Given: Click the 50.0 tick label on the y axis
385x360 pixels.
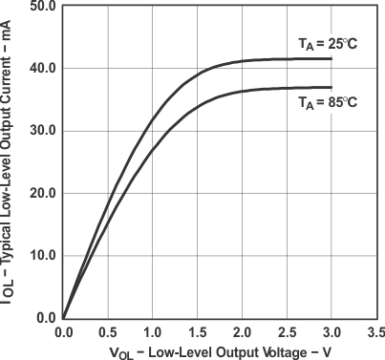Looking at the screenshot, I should coord(43,7).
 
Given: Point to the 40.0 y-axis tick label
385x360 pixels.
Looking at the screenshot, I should coord(43,69).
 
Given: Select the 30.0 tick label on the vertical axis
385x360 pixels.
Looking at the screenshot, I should coord(43,131).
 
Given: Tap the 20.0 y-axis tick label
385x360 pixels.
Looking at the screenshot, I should coord(43,193).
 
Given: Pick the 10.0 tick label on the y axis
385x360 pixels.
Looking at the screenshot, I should coord(43,256).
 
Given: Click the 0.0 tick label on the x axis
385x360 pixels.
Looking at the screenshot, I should coord(63,331).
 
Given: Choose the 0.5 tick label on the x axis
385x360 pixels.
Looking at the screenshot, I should coord(108,331).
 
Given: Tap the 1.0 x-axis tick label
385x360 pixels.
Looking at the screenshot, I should coord(152,331).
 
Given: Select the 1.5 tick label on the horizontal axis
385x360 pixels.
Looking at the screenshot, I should coord(197,331).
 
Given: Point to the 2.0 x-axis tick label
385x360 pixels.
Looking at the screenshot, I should coord(242,331).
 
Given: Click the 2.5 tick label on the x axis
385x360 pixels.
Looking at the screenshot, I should coord(287,331).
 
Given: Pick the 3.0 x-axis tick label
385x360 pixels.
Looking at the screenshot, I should coord(332,331).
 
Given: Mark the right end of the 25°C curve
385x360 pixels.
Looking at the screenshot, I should coord(332,58).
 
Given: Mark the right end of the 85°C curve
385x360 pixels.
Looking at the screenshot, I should coord(332,88).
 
